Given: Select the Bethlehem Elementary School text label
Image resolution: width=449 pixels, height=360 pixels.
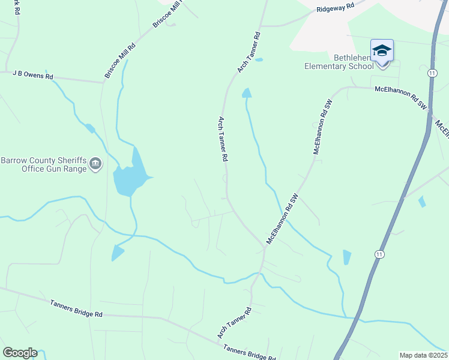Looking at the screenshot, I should click(x=345, y=62).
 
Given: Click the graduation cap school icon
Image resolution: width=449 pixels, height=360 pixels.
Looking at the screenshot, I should click(x=382, y=50).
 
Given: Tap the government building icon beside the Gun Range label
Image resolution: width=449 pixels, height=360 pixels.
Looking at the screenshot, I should click(x=95, y=164).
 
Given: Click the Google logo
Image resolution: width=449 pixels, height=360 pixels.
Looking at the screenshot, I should click(x=19, y=353).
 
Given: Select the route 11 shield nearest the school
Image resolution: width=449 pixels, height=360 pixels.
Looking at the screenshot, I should click(x=432, y=73).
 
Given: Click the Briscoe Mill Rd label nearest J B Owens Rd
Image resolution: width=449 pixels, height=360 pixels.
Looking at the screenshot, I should click(x=120, y=61).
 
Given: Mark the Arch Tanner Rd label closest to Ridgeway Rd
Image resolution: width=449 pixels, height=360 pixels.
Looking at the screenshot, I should click(x=250, y=53).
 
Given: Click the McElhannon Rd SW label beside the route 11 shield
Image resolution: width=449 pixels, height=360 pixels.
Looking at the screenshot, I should click(x=400, y=97).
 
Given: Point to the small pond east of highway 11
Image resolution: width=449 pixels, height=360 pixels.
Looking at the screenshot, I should click(x=421, y=202).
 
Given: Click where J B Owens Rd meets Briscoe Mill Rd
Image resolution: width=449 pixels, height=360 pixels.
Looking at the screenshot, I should click(x=104, y=82).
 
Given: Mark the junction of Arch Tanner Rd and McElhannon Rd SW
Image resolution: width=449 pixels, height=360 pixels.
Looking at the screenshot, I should click(x=265, y=247).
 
